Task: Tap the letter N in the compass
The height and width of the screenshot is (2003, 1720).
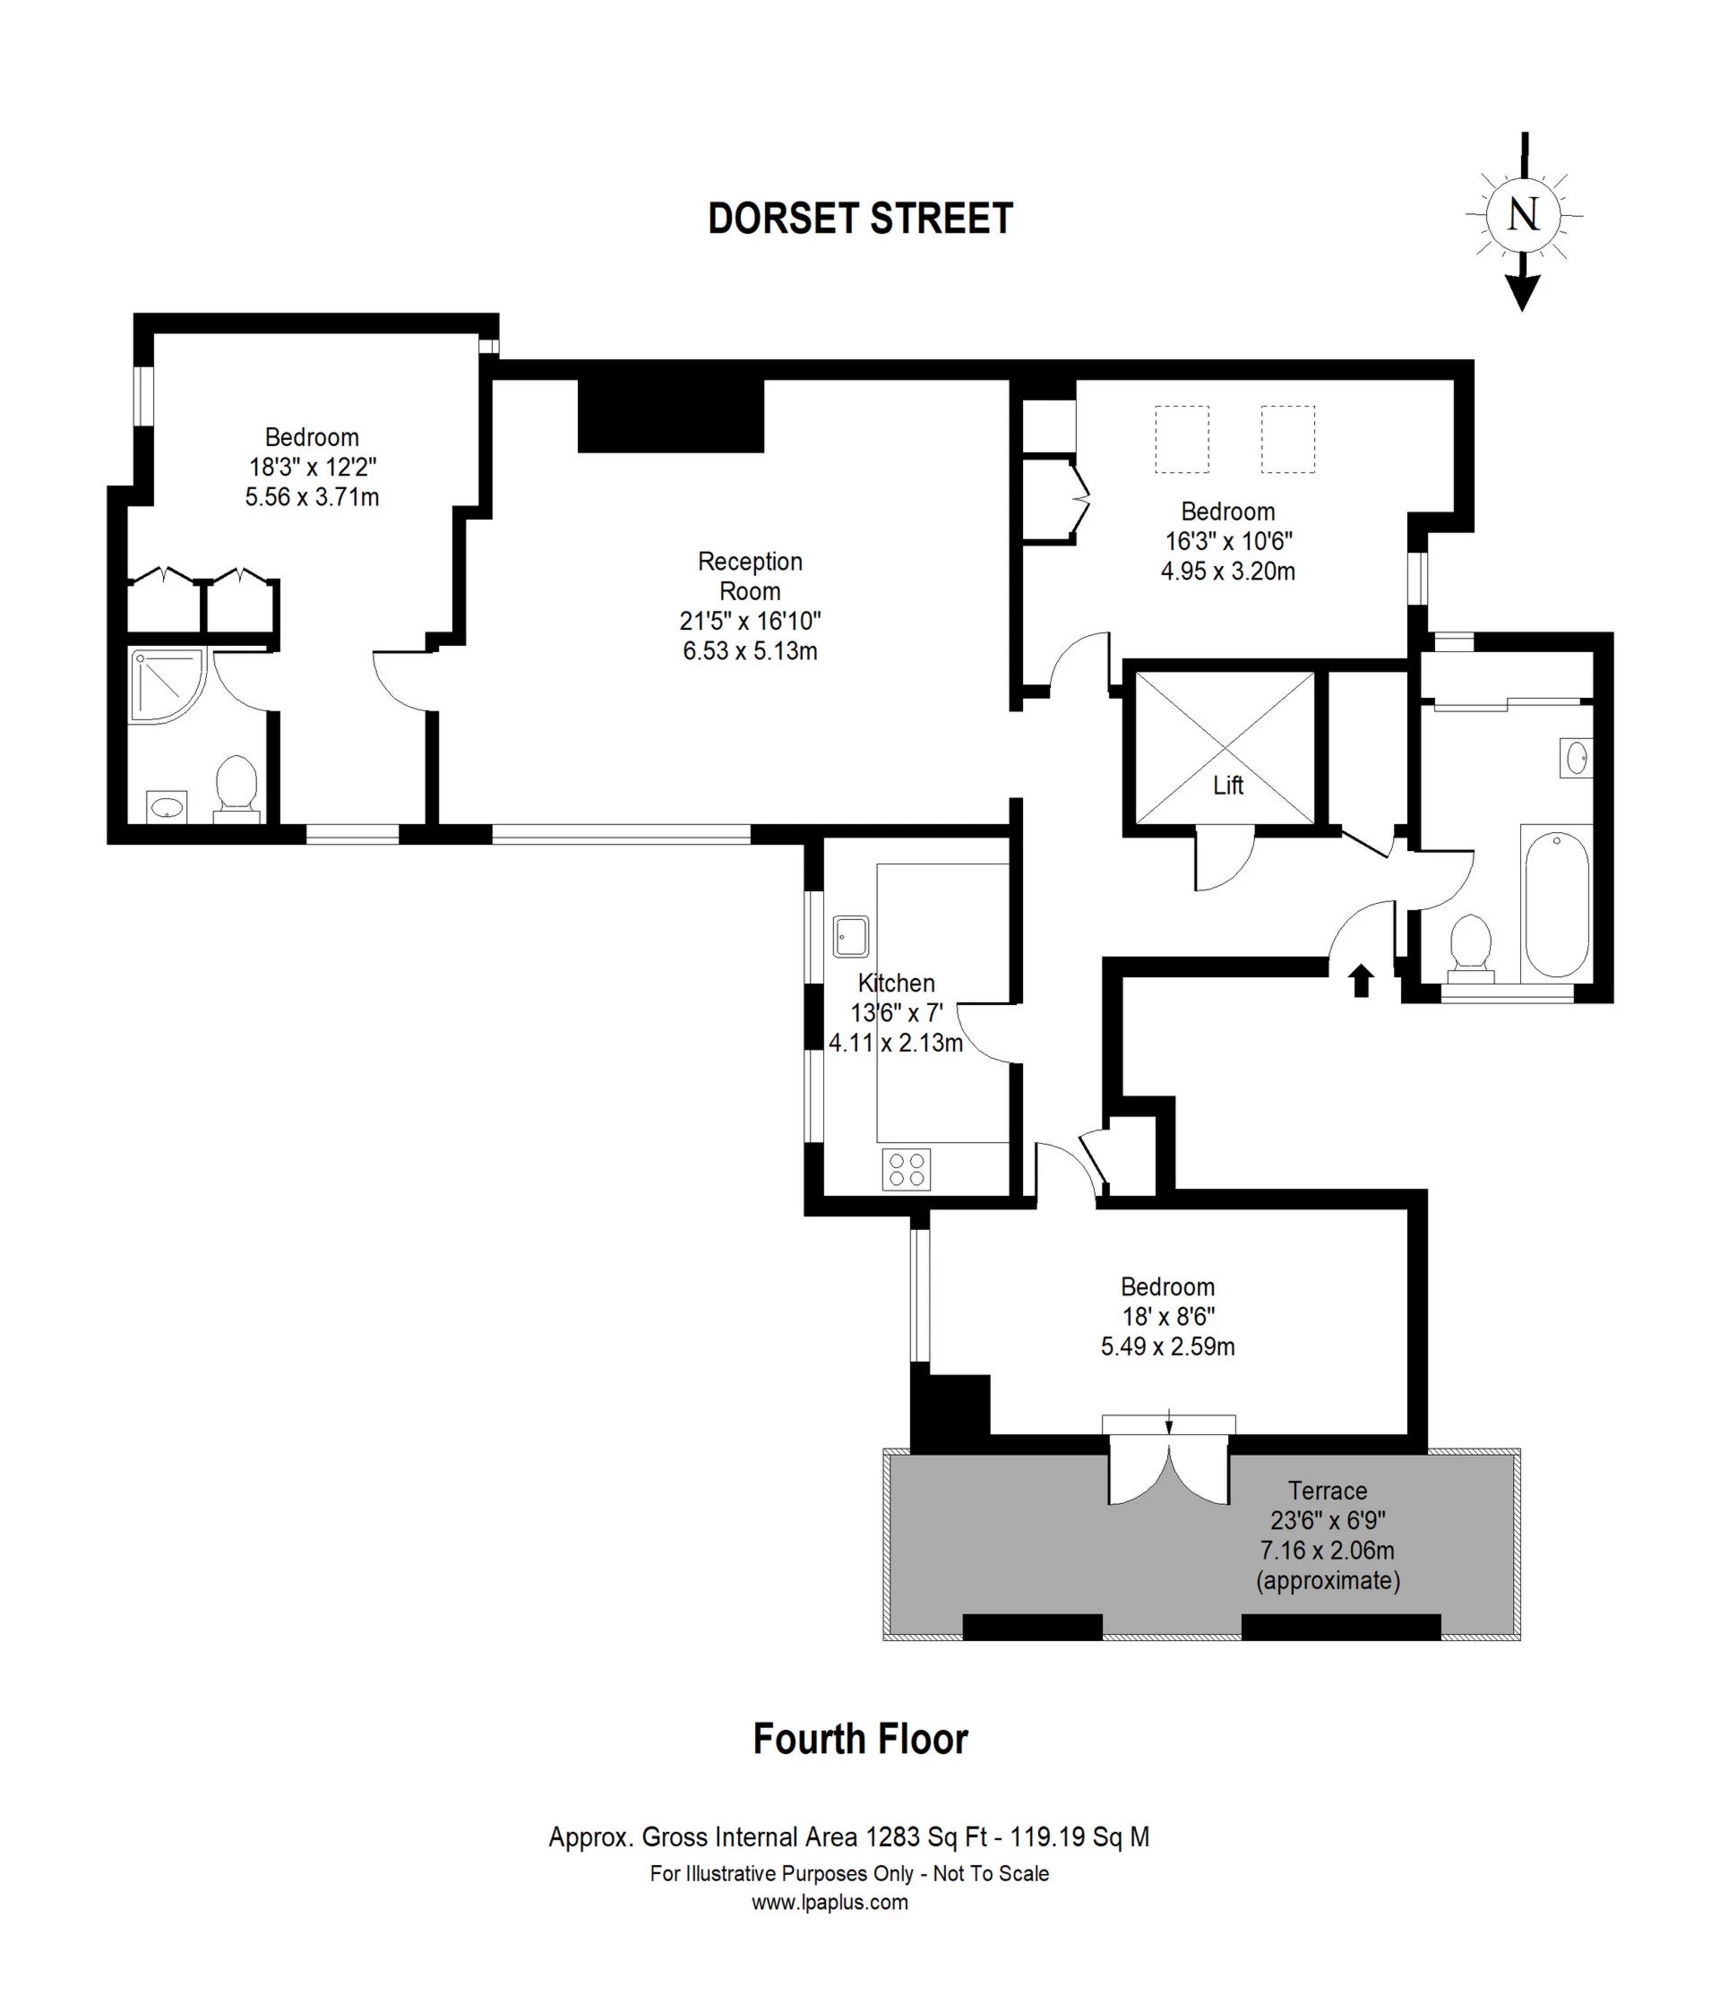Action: coord(1523,213)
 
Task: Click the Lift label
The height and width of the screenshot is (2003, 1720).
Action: coord(1227,785)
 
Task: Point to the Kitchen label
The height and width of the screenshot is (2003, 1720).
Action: coord(895,983)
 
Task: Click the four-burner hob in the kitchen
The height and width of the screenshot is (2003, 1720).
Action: coord(906,1169)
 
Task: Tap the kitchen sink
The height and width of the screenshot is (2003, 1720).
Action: coord(851,936)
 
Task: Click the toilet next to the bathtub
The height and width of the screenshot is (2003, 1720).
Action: coord(1471,942)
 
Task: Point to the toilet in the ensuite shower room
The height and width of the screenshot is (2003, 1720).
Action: coord(236,786)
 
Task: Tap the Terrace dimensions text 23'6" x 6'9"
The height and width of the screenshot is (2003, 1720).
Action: coord(1328,1521)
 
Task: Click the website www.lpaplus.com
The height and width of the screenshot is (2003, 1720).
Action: coord(830,1903)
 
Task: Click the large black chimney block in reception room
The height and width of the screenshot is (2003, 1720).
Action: coord(670,416)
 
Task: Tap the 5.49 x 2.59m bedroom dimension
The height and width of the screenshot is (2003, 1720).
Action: coord(1167,1346)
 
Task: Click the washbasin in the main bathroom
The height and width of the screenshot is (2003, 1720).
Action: coord(1576,758)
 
